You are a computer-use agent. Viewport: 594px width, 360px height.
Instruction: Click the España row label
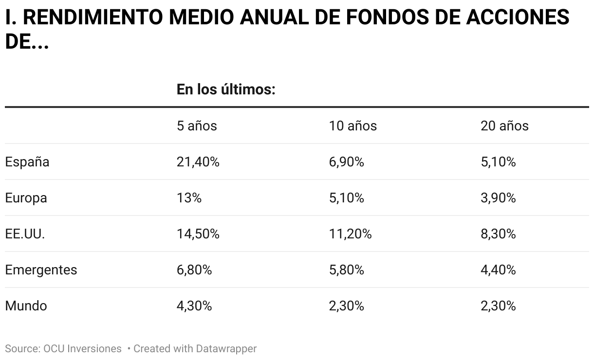(x=27, y=162)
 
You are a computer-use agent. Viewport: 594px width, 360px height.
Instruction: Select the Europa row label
(x=26, y=198)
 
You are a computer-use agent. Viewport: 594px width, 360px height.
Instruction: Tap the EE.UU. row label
(x=25, y=234)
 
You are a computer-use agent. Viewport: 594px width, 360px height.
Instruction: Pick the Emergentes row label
(x=41, y=270)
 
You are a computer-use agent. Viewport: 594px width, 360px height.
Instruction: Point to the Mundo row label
(x=26, y=306)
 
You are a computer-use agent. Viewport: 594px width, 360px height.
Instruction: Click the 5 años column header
(x=197, y=126)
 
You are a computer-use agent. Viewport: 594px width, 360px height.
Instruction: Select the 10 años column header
(x=353, y=126)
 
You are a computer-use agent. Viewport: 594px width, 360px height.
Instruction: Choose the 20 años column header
(x=504, y=126)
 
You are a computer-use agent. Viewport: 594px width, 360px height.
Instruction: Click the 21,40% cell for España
(x=198, y=162)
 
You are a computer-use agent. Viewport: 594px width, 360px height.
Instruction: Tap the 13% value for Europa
(x=189, y=198)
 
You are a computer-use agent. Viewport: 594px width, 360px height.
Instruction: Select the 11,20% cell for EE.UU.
(x=350, y=234)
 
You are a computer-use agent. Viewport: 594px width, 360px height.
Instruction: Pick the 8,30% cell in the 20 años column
(x=498, y=234)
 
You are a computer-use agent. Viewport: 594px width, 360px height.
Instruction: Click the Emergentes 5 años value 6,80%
(x=194, y=270)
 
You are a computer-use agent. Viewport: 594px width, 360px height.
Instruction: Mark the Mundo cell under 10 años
(x=346, y=306)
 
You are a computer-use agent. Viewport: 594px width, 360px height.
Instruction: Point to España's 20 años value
(x=498, y=162)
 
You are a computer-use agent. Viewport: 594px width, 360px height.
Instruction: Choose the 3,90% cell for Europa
(x=498, y=198)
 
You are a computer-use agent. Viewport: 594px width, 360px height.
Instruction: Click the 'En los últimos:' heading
(x=226, y=90)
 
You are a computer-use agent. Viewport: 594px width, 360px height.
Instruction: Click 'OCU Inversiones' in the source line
(x=82, y=349)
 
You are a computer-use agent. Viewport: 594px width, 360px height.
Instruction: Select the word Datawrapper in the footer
(x=226, y=349)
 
